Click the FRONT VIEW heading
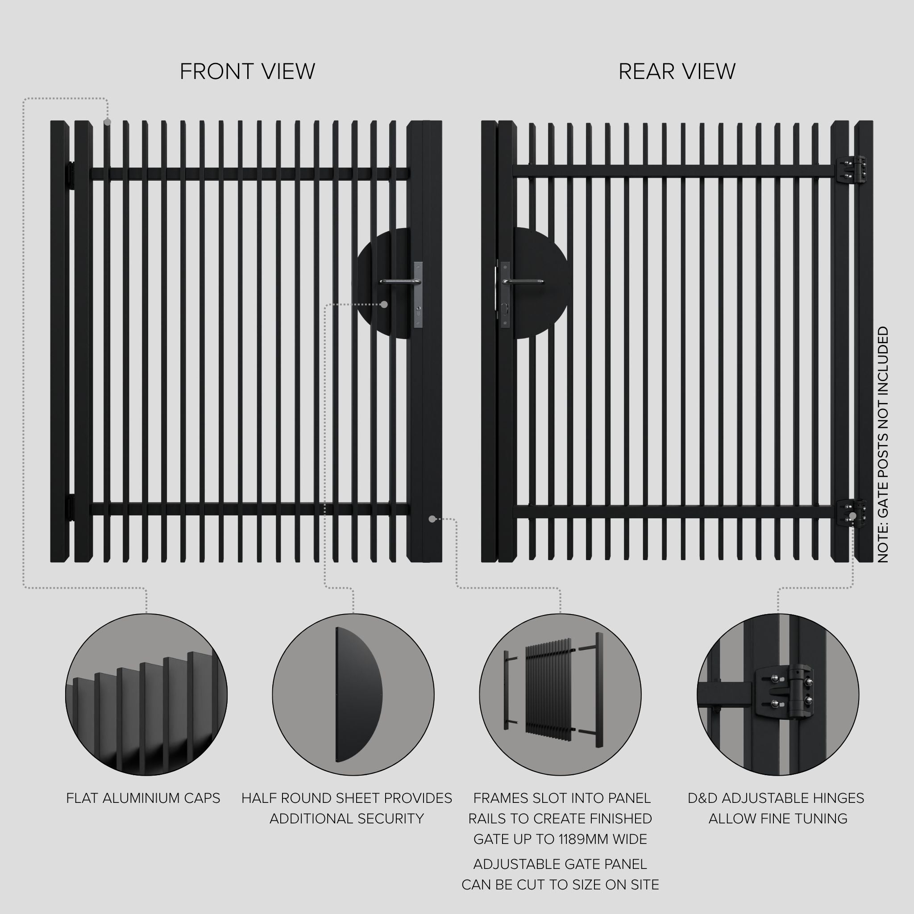tap(247, 71)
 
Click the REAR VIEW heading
tap(677, 71)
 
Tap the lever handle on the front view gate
tap(399, 282)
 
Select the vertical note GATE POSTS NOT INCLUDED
tap(883, 444)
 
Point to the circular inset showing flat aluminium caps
tap(146, 694)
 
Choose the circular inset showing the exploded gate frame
tap(560, 694)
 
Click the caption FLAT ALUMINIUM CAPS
tap(143, 798)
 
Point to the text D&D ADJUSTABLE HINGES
tap(776, 798)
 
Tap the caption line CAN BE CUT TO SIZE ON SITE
tap(560, 885)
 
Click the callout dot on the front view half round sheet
tap(384, 305)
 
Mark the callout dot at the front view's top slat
tap(108, 122)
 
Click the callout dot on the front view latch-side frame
tap(432, 519)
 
